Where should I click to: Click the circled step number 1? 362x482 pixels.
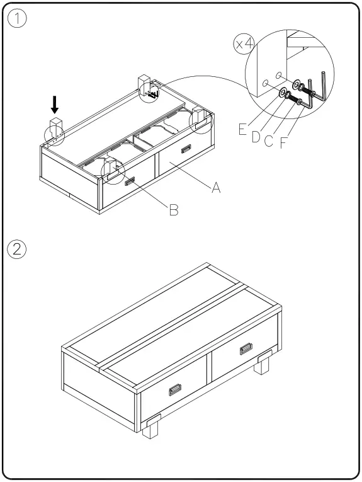pyautogui.click(x=18, y=19)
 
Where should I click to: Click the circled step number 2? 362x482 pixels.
pyautogui.click(x=18, y=249)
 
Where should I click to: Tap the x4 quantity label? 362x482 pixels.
pyautogui.click(x=244, y=43)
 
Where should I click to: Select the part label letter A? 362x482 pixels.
pyautogui.click(x=215, y=188)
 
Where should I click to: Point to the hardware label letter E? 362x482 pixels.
pyautogui.click(x=242, y=130)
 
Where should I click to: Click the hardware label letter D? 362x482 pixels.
pyautogui.click(x=256, y=136)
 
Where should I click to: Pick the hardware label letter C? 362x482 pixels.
pyautogui.click(x=269, y=141)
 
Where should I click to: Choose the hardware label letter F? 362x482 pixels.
pyautogui.click(x=283, y=142)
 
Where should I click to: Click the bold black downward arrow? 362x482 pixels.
pyautogui.click(x=55, y=105)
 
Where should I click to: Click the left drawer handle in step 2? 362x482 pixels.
pyautogui.click(x=176, y=390)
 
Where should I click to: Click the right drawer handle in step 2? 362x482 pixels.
pyautogui.click(x=246, y=349)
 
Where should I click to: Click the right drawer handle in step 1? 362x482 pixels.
pyautogui.click(x=186, y=149)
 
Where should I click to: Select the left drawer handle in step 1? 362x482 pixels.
pyautogui.click(x=131, y=181)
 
